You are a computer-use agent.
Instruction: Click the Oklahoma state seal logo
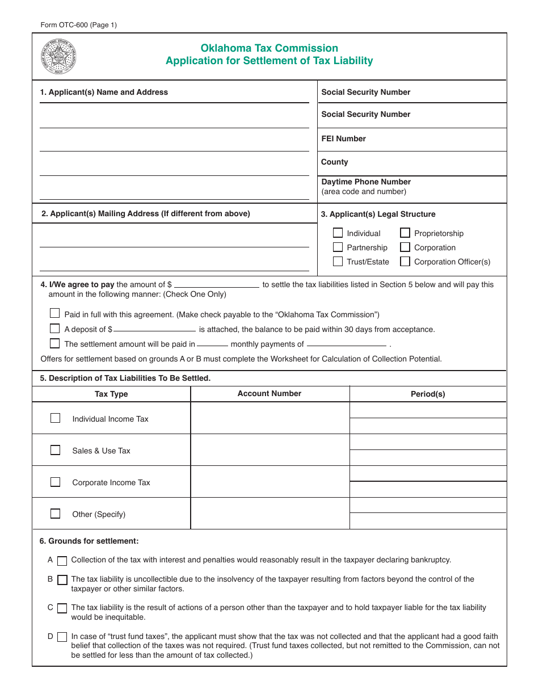point(58,57)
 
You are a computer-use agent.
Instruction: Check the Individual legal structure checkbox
point(338,233)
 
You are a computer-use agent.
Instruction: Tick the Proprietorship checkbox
point(405,233)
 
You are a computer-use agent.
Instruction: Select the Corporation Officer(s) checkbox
point(405,262)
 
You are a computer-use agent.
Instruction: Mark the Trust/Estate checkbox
point(338,262)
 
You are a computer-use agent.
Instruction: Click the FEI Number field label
point(343,138)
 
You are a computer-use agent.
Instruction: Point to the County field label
point(334,162)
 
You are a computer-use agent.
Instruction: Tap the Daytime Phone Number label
point(366,182)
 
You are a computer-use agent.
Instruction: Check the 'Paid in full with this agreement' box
point(54,313)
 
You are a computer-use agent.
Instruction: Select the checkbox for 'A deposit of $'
point(54,328)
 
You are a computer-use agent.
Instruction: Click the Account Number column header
point(269,393)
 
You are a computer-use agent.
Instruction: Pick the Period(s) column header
point(428,394)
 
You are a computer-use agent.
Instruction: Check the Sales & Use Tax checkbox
point(55,450)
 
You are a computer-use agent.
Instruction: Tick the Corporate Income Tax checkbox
point(55,482)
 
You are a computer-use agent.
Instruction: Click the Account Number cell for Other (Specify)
point(269,514)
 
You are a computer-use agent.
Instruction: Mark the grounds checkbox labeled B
point(62,580)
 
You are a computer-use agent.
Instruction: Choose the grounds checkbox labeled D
point(62,637)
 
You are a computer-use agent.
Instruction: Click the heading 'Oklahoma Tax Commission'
point(269,48)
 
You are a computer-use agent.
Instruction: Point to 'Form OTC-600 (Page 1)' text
point(79,25)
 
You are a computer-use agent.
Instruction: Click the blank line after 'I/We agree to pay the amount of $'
point(217,285)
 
